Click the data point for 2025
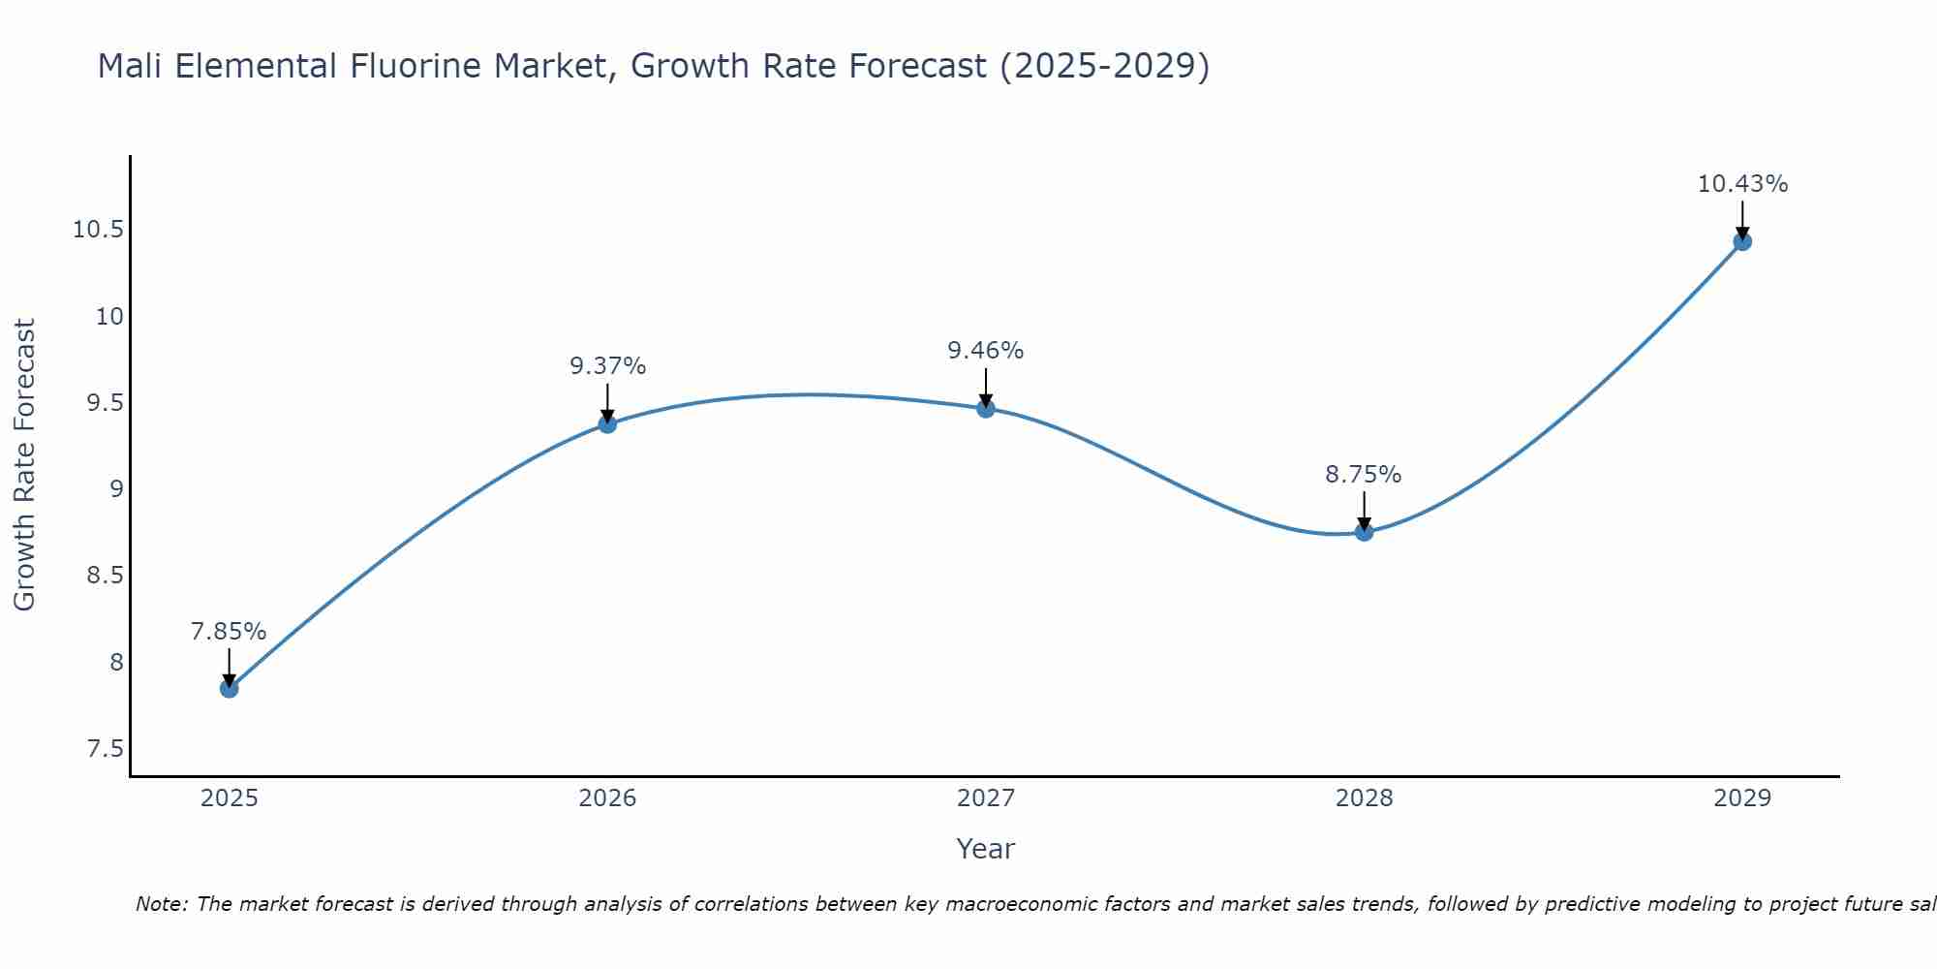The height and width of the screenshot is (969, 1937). coord(230,688)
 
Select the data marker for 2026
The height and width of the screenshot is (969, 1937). coord(607,423)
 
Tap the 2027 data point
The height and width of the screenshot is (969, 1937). coord(986,408)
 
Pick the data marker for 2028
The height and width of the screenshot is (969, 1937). coord(1364,531)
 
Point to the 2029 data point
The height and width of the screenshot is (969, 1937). coord(1742,241)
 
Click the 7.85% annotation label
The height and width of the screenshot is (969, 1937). coord(229,632)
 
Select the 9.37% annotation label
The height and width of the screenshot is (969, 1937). coord(607,366)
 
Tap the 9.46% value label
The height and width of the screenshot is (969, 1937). coord(986,351)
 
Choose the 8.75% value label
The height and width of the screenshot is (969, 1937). coord(1364,475)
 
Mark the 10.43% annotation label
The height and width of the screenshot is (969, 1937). coord(1742,184)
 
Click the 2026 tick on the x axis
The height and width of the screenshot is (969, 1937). coord(607,798)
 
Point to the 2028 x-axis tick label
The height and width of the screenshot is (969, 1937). coord(1364,798)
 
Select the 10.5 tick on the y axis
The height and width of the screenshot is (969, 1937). coord(98,230)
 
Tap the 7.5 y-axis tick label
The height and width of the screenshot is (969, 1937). coord(105,749)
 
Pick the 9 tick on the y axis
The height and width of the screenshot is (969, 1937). coord(117,489)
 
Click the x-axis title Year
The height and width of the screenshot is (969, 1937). coord(985,849)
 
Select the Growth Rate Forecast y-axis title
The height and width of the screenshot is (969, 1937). coord(25,465)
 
